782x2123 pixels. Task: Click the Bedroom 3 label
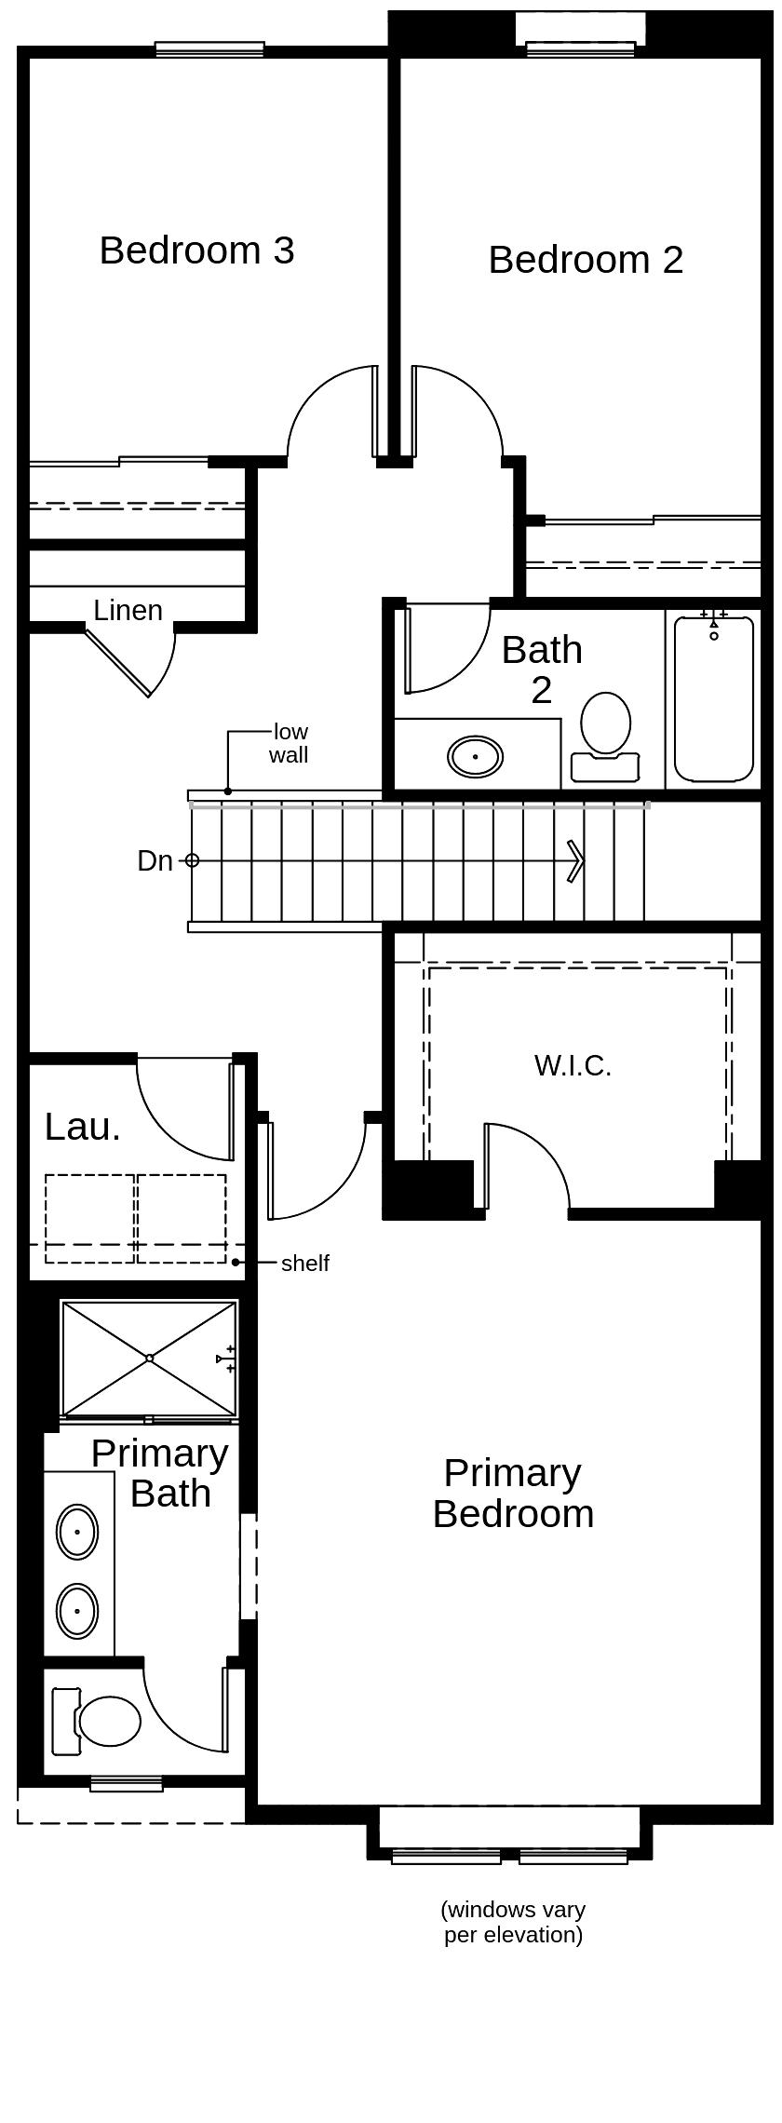[196, 250]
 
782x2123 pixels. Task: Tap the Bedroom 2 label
[586, 260]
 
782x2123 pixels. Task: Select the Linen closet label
[128, 611]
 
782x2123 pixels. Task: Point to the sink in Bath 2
[475, 756]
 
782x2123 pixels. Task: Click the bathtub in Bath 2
[713, 698]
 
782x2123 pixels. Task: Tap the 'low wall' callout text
[289, 743]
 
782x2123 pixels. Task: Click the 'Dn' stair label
[155, 861]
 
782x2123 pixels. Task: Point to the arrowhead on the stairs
[576, 860]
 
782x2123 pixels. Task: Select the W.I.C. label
[573, 1066]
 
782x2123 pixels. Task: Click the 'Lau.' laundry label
[82, 1127]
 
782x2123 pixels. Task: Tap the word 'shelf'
[305, 1264]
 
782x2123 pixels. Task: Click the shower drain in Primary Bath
[149, 1358]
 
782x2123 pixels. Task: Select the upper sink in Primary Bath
[77, 1532]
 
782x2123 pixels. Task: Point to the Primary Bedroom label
[513, 1494]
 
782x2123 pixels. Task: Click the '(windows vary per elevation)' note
[513, 1923]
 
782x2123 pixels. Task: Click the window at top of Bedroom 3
[209, 49]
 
